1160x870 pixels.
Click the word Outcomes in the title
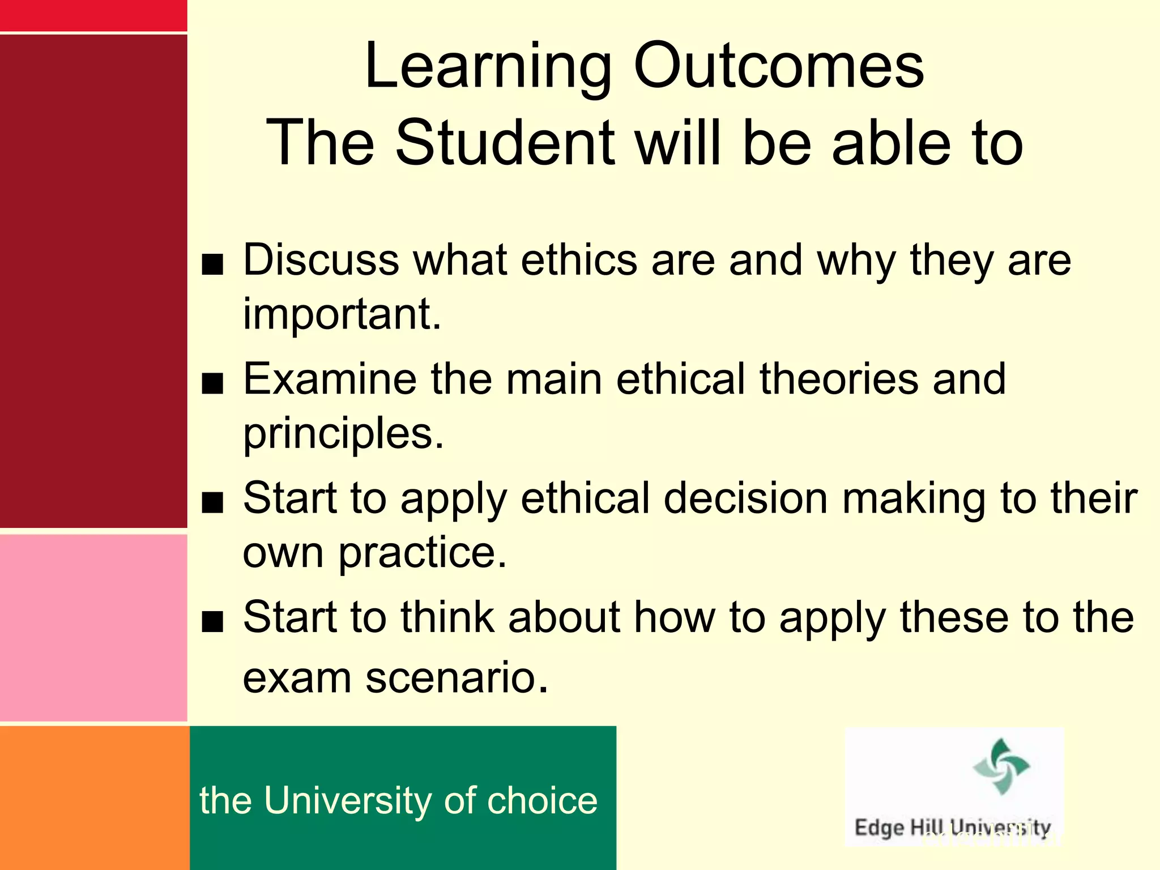tap(778, 67)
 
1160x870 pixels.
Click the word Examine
tap(330, 379)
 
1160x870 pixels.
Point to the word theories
tap(839, 379)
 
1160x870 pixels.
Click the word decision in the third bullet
tap(745, 498)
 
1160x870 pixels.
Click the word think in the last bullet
tap(447, 617)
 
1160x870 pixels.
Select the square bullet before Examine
tap(213, 384)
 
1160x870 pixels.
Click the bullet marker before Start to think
tap(213, 622)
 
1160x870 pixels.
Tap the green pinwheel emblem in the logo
tap(1001, 766)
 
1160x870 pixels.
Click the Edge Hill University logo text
tap(953, 828)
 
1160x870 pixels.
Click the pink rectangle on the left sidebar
tap(93, 628)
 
